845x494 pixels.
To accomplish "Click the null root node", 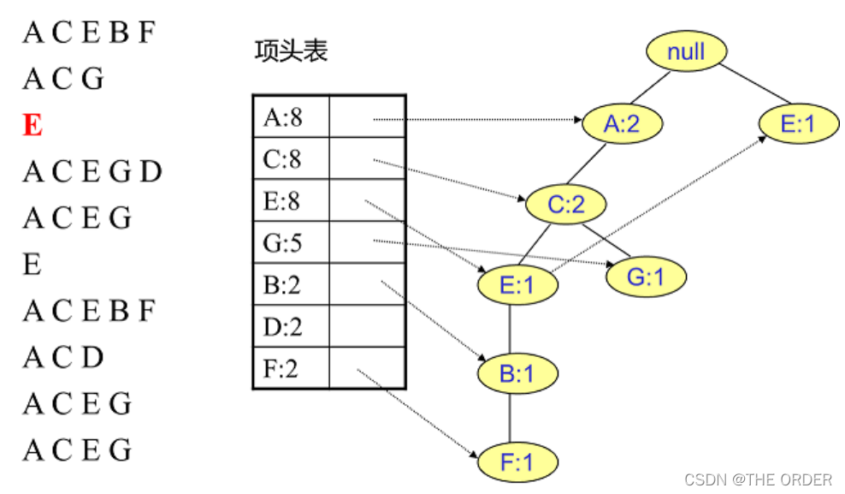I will point(685,52).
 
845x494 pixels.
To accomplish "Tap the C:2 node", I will point(565,205).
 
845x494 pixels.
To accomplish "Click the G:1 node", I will point(646,277).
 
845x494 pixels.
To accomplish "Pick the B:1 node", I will point(517,373).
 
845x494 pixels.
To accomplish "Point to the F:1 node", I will point(517,462).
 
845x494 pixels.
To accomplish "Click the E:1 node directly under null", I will point(798,124).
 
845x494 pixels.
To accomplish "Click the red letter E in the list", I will point(32,126).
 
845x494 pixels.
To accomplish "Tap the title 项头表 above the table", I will point(291,51).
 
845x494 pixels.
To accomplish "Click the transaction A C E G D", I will point(92,172).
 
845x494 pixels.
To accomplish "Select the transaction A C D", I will point(63,357).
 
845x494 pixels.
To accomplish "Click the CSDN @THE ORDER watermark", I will point(758,479).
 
